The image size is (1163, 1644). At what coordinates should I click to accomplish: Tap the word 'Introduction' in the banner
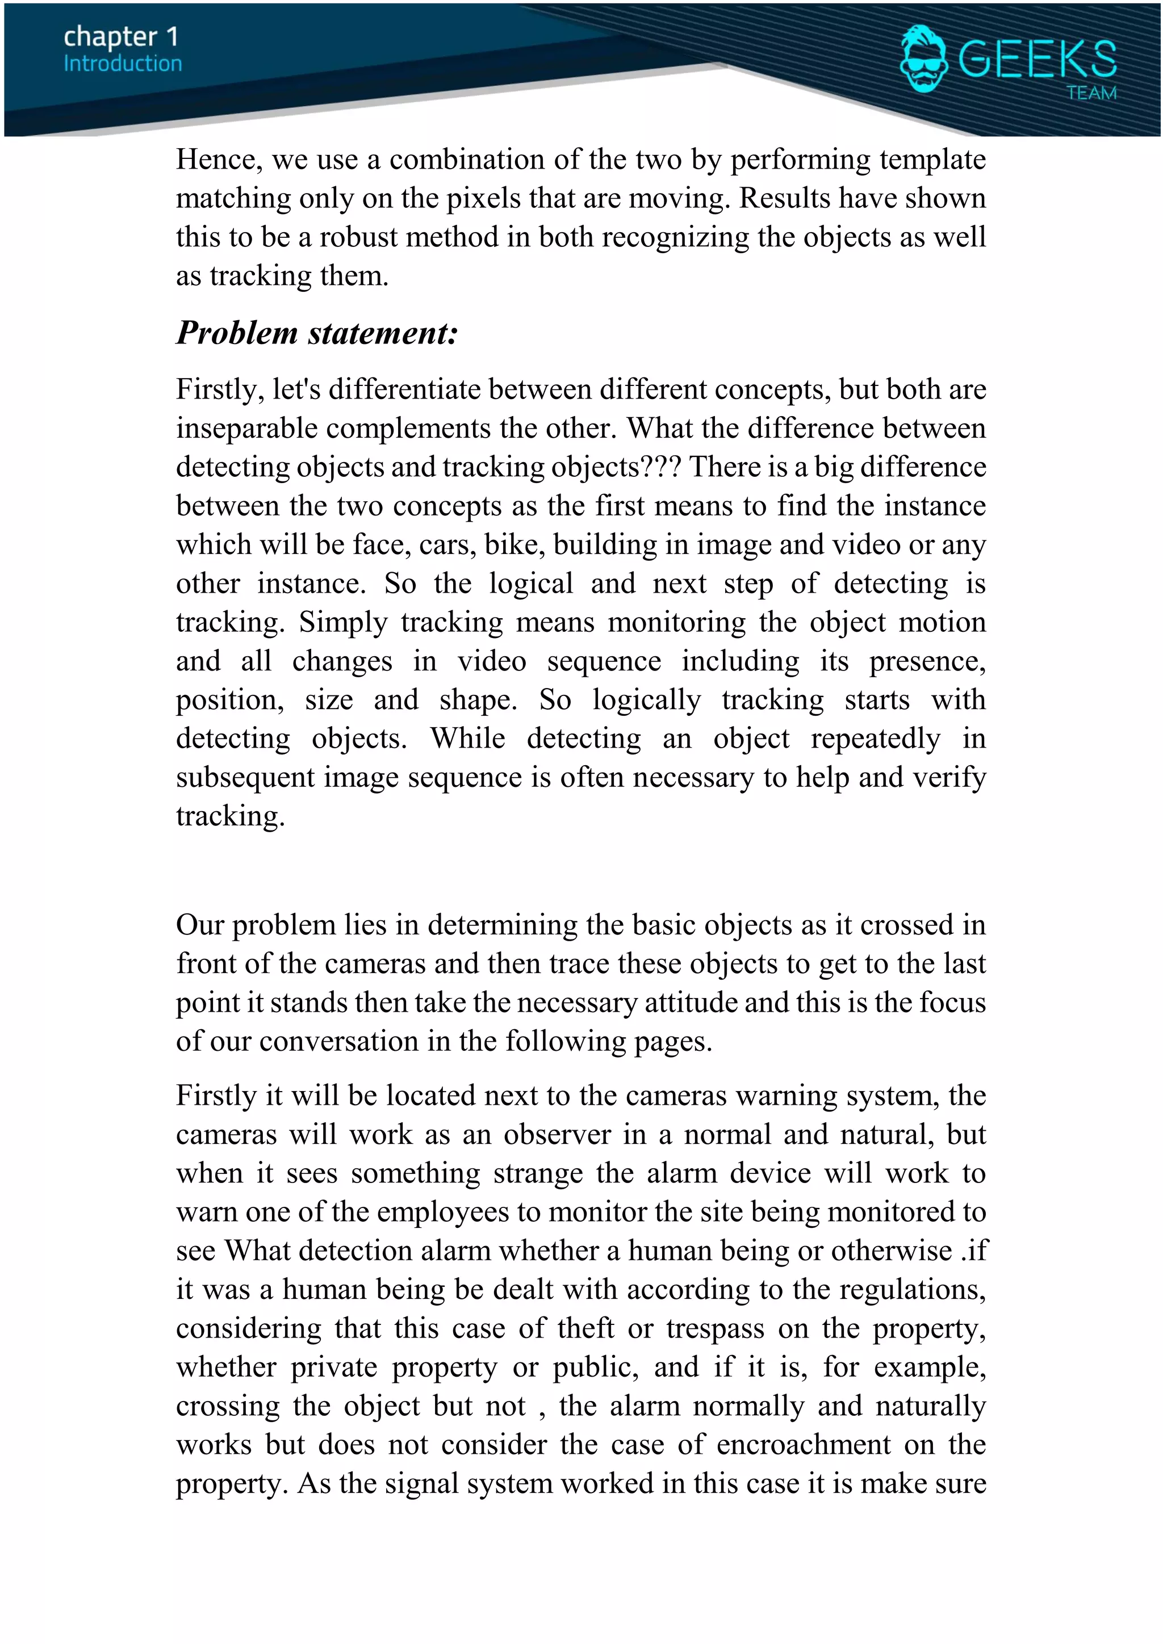pos(123,64)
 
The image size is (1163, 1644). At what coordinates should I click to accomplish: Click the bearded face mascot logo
pos(923,58)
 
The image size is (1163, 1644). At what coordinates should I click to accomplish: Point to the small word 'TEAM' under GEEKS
pos(1091,93)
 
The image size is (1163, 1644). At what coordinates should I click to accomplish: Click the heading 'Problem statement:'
pos(316,333)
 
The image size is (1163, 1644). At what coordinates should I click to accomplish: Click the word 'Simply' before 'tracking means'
pos(343,622)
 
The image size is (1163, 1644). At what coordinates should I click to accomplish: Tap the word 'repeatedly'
pos(875,738)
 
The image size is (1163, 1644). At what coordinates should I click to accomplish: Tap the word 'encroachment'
pos(804,1445)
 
